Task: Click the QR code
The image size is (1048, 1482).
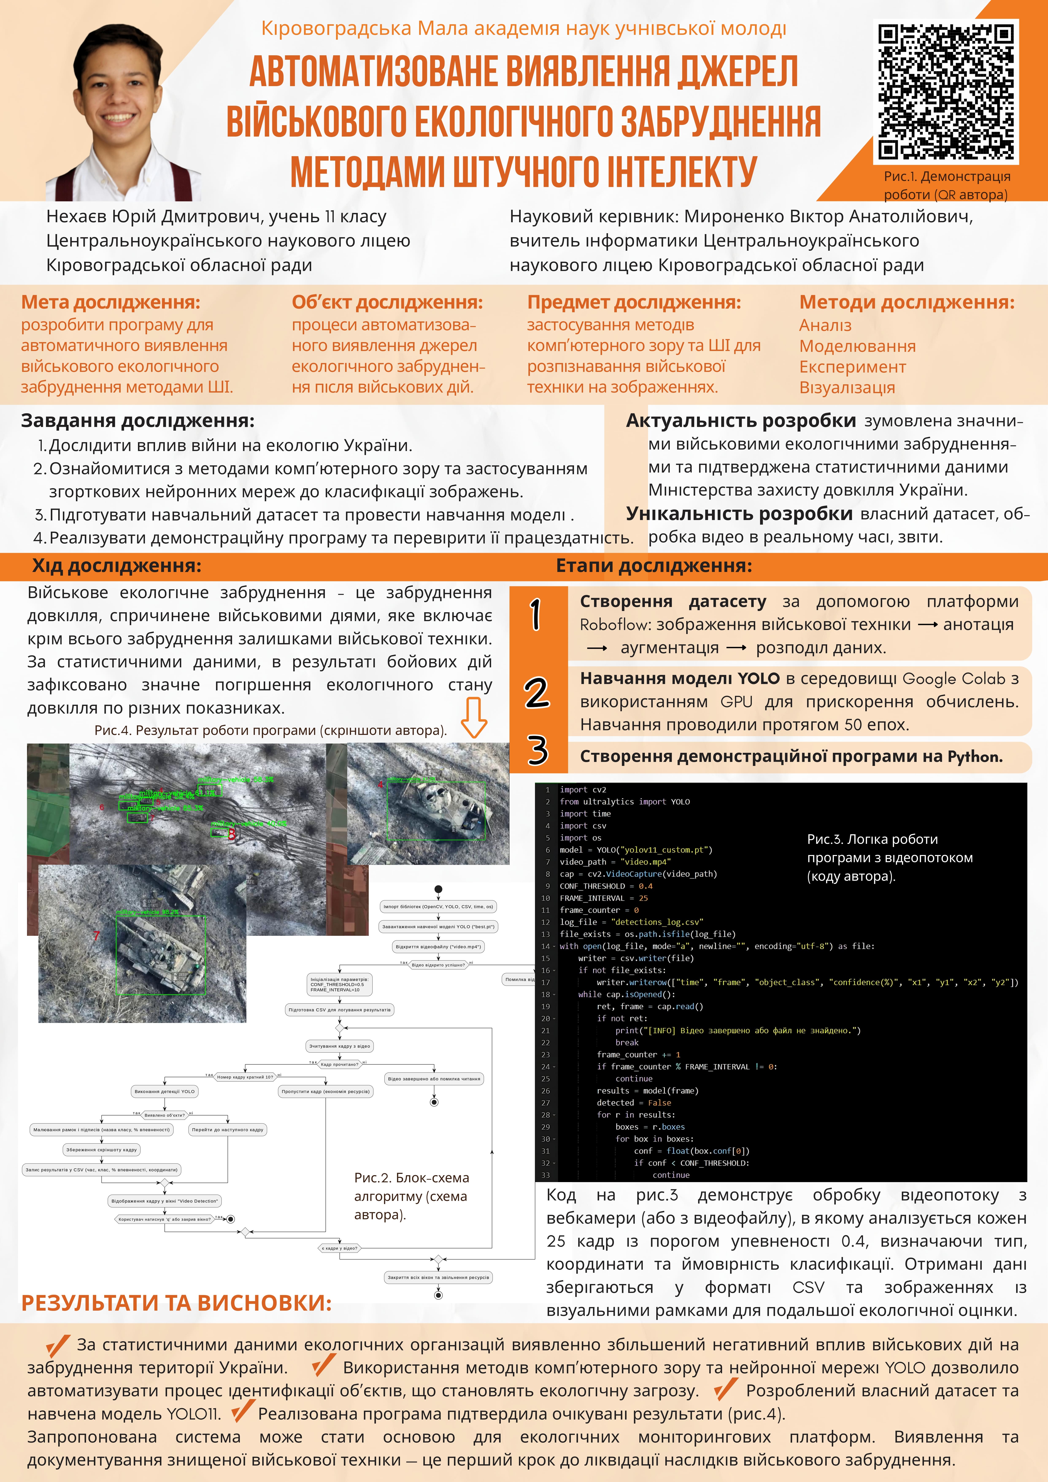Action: point(945,92)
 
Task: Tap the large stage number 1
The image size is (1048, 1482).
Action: point(536,615)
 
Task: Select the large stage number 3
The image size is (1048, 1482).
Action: point(537,750)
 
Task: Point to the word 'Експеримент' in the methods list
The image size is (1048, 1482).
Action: point(852,367)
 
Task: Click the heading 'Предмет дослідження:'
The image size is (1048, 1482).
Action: point(634,302)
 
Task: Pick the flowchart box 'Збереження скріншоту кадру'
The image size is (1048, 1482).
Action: point(101,1150)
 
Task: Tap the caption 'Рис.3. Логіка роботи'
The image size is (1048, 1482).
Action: point(872,839)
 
